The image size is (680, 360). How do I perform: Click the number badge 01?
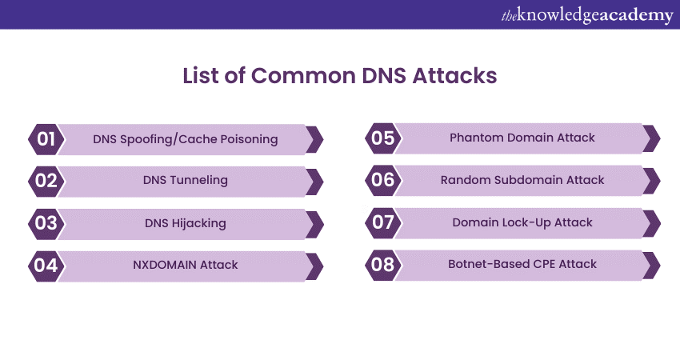click(46, 139)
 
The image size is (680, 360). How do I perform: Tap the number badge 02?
click(46, 181)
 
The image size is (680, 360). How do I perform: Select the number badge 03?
click(46, 222)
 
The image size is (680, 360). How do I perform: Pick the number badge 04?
click(46, 265)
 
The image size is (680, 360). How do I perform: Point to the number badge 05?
click(383, 138)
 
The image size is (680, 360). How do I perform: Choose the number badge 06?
click(383, 180)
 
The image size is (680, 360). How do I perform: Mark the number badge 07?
click(383, 222)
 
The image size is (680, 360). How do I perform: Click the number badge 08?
click(383, 264)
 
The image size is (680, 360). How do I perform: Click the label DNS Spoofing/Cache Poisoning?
click(185, 139)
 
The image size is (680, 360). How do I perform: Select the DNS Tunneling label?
click(185, 181)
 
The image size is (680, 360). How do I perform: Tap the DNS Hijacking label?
click(185, 223)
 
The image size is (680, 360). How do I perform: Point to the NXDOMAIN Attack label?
click(185, 265)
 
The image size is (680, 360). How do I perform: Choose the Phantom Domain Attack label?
click(522, 138)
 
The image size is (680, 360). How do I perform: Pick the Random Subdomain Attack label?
click(522, 180)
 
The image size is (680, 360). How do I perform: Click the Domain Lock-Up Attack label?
click(522, 222)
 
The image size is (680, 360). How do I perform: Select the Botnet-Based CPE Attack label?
click(522, 264)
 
